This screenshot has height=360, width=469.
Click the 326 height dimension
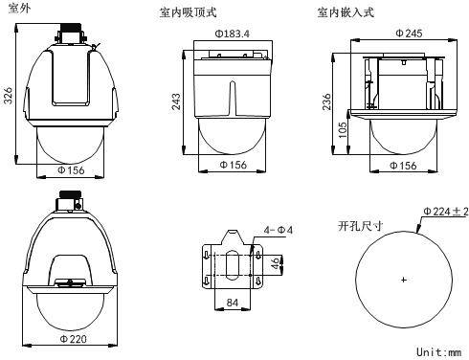pos(9,95)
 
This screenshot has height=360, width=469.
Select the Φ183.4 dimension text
pos(232,34)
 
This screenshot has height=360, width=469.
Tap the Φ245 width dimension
pos(409,33)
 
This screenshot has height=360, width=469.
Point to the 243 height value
pos(176,101)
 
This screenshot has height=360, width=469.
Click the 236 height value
pos(326,101)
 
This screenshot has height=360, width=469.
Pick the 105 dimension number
pos(343,129)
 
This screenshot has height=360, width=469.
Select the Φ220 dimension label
pos(74,339)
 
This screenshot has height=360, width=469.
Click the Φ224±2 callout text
pos(446,212)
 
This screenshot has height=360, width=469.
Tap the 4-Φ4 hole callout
pos(279,230)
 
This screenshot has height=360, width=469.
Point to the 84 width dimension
pos(233,303)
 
